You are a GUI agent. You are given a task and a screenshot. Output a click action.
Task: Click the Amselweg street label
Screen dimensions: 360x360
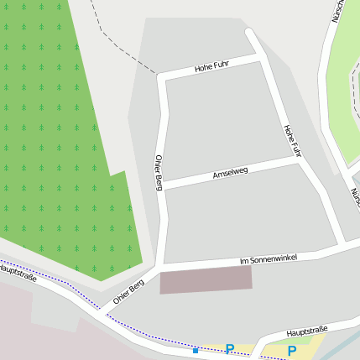(x=230, y=172)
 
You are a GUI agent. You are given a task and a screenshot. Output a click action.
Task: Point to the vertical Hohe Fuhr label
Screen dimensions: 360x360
(x=291, y=140)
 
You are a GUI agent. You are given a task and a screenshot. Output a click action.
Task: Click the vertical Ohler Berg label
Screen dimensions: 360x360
(x=158, y=172)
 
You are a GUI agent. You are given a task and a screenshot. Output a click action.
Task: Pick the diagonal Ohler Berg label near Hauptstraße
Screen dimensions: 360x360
(x=128, y=291)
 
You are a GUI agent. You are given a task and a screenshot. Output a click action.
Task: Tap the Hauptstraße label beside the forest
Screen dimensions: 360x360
(x=18, y=273)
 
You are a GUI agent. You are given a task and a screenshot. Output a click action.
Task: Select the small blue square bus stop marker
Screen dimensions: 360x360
(x=196, y=350)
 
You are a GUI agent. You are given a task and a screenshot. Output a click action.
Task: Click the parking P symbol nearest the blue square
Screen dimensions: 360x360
(x=229, y=348)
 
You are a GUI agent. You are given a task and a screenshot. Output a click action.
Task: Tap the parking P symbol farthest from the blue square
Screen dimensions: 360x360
(x=291, y=351)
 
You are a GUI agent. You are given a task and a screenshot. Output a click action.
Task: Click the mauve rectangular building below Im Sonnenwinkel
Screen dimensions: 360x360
(x=206, y=280)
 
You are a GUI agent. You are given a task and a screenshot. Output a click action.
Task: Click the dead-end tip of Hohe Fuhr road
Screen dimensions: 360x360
(x=249, y=33)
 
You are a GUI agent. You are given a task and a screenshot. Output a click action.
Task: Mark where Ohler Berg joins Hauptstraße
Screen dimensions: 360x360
(x=103, y=313)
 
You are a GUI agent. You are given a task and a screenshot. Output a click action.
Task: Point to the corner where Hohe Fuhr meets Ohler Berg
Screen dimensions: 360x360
(x=161, y=77)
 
